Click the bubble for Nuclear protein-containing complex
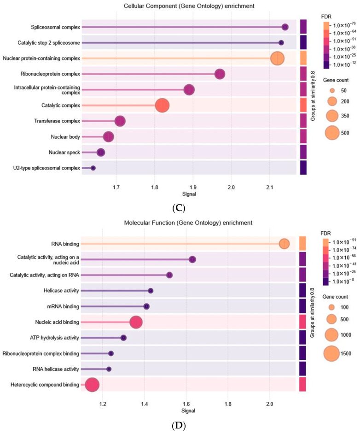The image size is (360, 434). pos(277,59)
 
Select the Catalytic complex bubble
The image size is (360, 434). pos(162,106)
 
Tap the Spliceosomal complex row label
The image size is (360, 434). pos(55,27)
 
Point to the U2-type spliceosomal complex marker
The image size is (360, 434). pos(93,168)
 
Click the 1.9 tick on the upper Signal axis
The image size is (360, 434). pos(193,188)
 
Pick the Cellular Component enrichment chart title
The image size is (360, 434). pos(189,6)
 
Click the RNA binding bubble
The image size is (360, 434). pos(284,244)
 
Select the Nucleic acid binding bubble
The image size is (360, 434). pos(136,322)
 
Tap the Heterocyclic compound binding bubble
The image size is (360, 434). pos(92,385)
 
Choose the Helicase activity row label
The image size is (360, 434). pos(61,291)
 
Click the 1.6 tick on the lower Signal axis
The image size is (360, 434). pos(186,404)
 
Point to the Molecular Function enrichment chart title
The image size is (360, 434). pos(188,223)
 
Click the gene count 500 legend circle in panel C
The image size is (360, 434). pos(332,133)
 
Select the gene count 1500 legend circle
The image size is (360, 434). pos(331,353)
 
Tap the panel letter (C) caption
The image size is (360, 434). pos(179,208)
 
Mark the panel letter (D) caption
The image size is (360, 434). pos(179,425)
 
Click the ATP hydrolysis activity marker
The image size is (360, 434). pos(123,338)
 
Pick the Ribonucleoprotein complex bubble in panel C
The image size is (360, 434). pos(220,74)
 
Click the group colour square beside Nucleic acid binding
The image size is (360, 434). pos(302,322)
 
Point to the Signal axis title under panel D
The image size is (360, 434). pos(188,411)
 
